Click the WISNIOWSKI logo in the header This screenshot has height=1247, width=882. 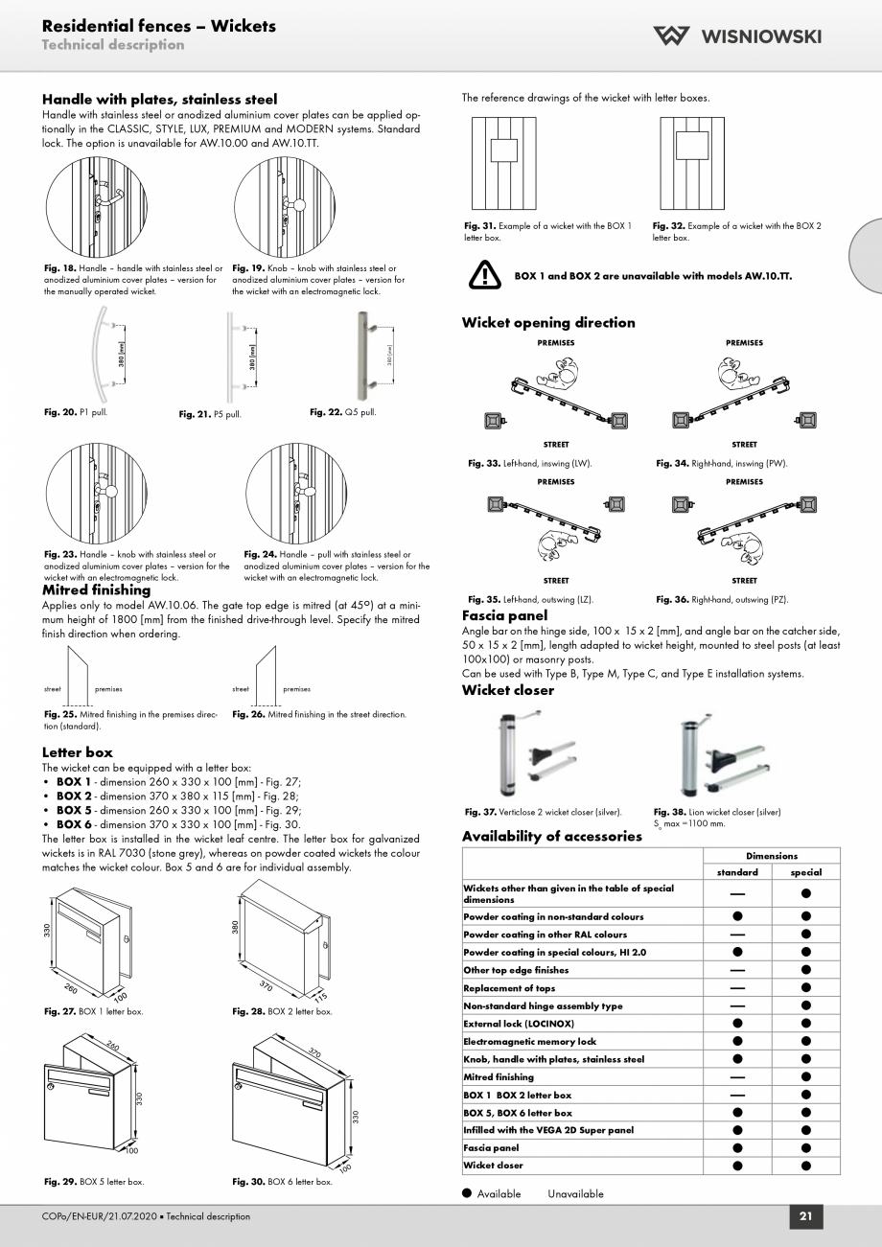click(x=737, y=36)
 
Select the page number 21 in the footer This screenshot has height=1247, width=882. click(x=805, y=1216)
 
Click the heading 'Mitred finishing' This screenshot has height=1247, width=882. click(x=96, y=590)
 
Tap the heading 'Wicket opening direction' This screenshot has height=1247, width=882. click(x=548, y=323)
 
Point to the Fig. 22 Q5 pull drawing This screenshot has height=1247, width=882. click(x=363, y=357)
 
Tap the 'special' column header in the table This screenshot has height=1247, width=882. click(x=806, y=872)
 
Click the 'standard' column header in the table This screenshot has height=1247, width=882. click(x=737, y=872)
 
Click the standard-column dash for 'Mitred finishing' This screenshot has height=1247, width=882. click(x=737, y=1077)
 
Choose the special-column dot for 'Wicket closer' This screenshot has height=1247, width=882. click(x=806, y=1166)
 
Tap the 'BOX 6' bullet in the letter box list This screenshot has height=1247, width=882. click(x=73, y=824)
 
